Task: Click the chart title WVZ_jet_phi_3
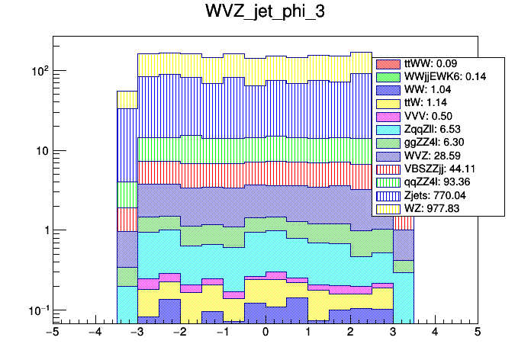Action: pos(265,13)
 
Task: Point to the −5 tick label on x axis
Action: pos(52,333)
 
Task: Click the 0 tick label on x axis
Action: pos(265,333)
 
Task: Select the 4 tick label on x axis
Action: pos(435,333)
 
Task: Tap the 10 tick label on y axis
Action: pos(40,150)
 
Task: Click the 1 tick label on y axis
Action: pos(44,230)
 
